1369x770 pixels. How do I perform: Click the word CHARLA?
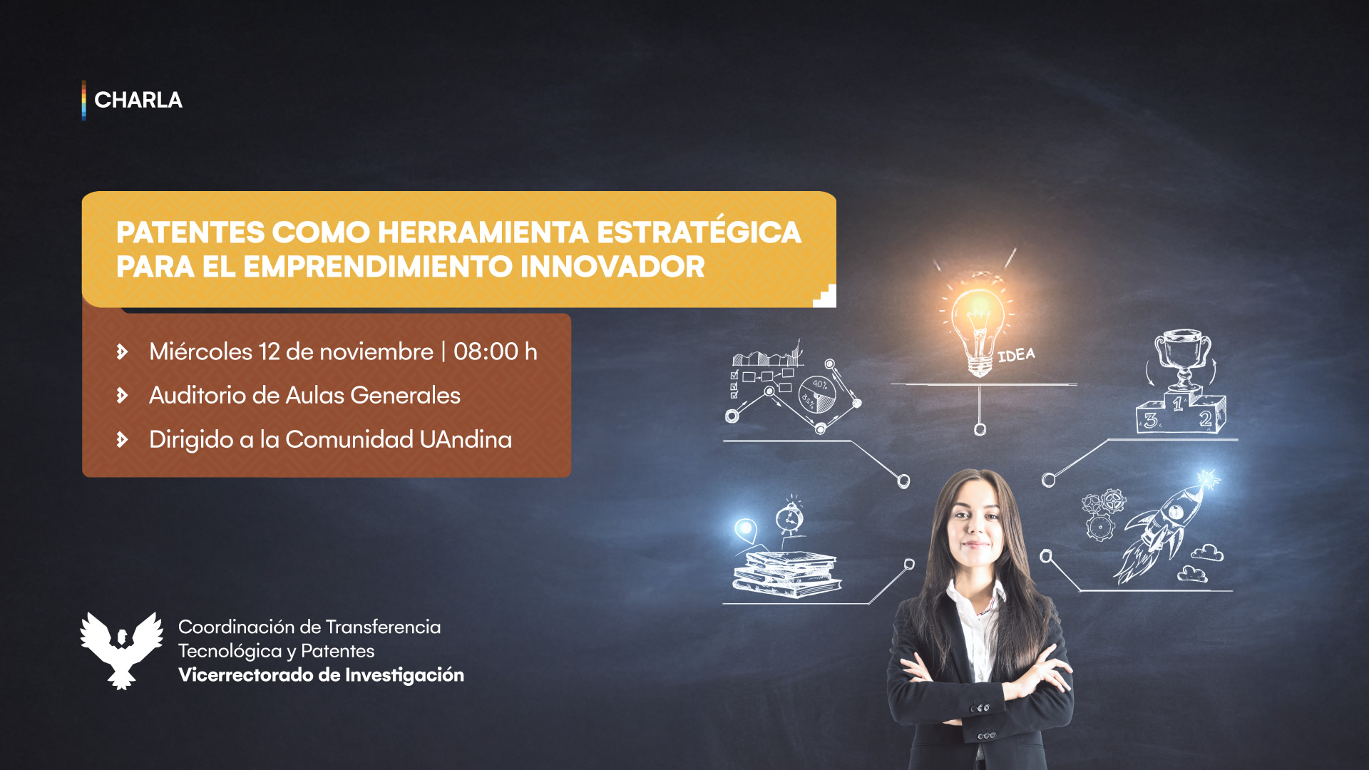[x=138, y=100]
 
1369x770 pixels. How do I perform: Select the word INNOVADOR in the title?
[x=612, y=267]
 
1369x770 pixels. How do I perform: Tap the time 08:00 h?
[x=496, y=351]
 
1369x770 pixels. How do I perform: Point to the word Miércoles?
[x=201, y=351]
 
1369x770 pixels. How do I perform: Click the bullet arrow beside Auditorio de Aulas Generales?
[x=123, y=395]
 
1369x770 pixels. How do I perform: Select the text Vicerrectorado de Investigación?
[x=321, y=674]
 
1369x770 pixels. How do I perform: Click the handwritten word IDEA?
[x=1016, y=354]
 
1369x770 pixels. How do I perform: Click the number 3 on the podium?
[x=1151, y=421]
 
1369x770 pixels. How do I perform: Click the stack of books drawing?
[x=787, y=574]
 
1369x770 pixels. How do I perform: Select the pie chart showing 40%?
[x=817, y=394]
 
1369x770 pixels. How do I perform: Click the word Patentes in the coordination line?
[x=338, y=651]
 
